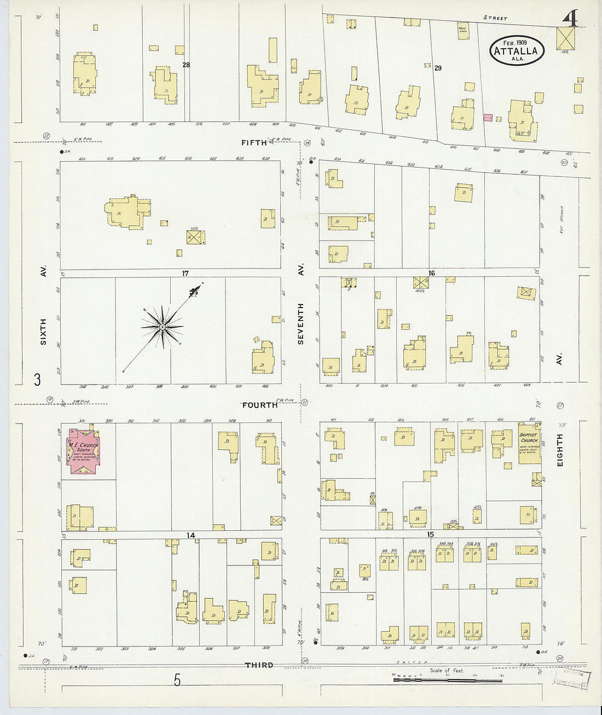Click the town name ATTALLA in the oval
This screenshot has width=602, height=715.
tap(517, 52)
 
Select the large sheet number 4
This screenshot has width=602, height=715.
tap(570, 19)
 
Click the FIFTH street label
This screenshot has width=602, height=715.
tap(254, 142)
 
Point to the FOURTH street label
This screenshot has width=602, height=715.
tap(260, 405)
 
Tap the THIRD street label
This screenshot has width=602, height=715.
tap(259, 665)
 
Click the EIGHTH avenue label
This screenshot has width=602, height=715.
tap(559, 450)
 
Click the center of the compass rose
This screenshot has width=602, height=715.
tap(163, 328)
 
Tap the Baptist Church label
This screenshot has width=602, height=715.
tap(529, 437)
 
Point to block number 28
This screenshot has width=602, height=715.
tap(186, 65)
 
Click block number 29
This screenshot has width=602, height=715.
tap(438, 68)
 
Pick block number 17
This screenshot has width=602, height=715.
tap(186, 273)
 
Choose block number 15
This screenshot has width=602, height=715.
tap(431, 534)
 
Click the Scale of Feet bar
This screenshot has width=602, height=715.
tap(447, 679)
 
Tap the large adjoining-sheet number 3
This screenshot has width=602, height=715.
tap(37, 379)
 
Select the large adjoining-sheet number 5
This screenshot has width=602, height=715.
tap(177, 680)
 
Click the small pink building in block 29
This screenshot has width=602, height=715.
tap(488, 117)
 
